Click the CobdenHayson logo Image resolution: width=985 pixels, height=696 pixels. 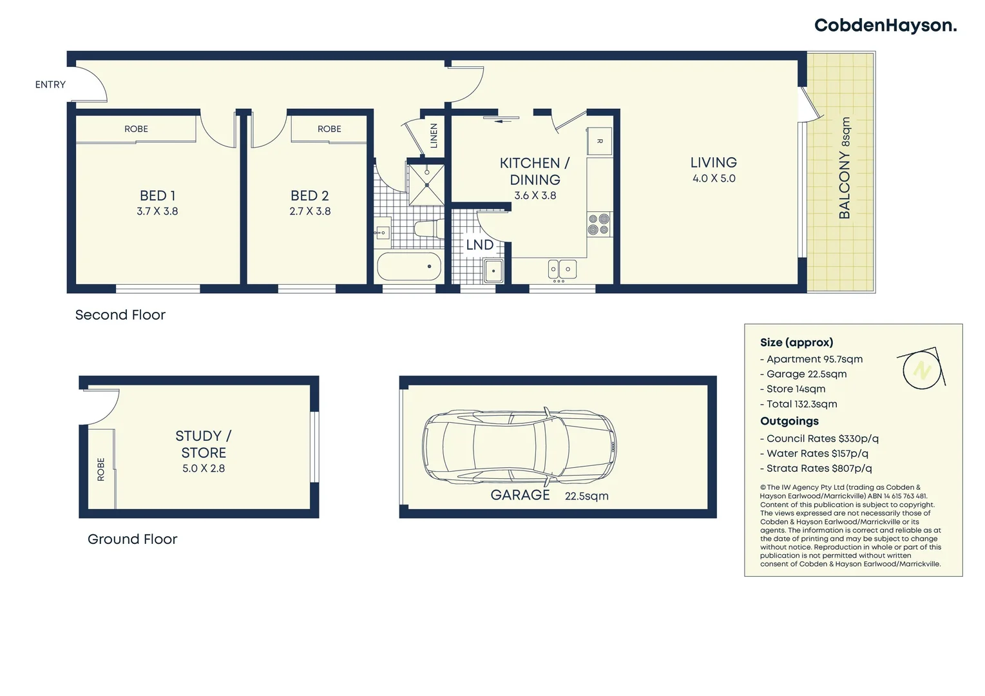pos(885,26)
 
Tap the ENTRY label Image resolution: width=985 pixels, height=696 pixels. pos(50,84)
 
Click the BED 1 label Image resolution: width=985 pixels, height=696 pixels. pos(157,195)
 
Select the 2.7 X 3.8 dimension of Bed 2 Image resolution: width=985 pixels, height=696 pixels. pos(310,211)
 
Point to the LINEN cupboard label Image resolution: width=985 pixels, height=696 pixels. pos(434,135)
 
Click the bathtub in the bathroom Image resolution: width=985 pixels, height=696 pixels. pos(409,266)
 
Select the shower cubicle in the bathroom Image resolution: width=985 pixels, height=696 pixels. pos(426,184)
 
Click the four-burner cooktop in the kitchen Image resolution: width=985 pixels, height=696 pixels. pos(598,224)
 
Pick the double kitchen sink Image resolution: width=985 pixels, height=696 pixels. pos(562,269)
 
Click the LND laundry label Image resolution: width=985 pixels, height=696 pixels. pos(479,245)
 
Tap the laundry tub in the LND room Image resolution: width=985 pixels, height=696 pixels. pos(493,271)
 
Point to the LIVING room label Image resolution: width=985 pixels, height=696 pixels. pos(713,163)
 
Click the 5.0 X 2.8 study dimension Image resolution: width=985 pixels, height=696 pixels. pos(204,469)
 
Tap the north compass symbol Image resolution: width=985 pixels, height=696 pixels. pos(922,370)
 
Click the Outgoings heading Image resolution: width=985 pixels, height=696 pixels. pos(789,421)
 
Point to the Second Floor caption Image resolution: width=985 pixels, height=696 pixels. pos(120,315)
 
